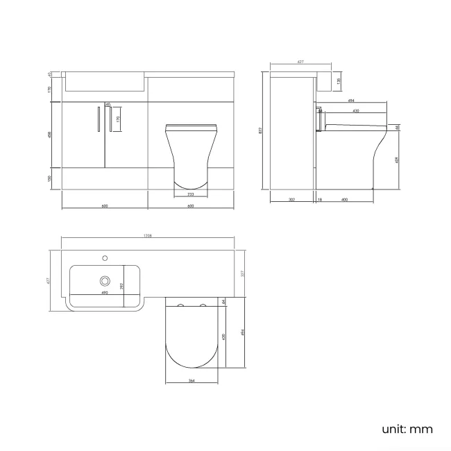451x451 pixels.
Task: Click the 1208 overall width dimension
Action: pos(147,237)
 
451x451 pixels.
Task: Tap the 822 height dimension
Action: pos(259,129)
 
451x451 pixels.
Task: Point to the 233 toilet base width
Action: pos(190,194)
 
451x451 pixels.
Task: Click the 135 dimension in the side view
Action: pos(338,81)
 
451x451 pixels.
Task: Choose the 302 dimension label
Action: pos(291,200)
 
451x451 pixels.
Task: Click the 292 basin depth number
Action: pos(121,284)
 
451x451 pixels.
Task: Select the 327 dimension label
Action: pos(242,273)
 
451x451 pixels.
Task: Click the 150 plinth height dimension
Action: pos(50,178)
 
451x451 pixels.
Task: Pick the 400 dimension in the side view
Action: pos(345,200)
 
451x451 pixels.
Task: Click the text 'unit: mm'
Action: pos(407,429)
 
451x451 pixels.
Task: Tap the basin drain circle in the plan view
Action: pos(105,280)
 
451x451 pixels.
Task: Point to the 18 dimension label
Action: pos(319,200)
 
